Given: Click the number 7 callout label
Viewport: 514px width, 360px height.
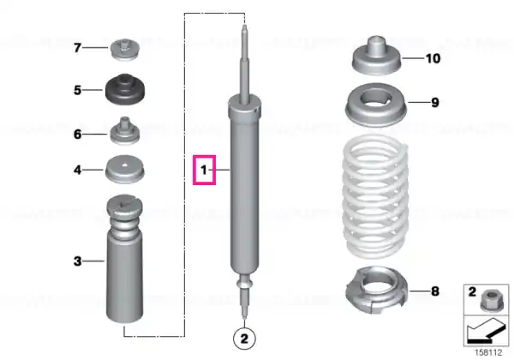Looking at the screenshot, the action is coord(77,48).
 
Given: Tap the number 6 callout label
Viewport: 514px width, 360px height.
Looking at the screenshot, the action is coord(77,134).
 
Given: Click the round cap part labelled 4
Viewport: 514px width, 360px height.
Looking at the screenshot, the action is coord(124,169).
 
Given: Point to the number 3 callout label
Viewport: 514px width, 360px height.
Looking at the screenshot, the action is coord(77,261).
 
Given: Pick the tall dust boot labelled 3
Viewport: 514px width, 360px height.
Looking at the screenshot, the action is coord(125,258).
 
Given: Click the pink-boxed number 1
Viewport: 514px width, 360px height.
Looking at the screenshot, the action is coord(204,170).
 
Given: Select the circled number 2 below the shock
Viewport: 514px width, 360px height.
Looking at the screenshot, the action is coord(244,339).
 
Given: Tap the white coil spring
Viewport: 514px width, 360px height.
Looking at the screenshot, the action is coord(376,197).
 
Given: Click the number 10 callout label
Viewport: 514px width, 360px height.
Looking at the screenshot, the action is coord(433,58).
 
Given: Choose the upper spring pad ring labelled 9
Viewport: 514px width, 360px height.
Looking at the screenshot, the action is coord(376,105).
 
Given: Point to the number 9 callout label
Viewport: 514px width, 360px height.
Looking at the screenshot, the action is coord(435,103).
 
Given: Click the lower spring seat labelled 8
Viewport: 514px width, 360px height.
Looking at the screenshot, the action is coord(376,290).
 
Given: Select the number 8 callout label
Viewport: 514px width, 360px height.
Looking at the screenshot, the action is coord(435,291).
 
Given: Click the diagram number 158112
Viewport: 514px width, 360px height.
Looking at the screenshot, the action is coord(488,353).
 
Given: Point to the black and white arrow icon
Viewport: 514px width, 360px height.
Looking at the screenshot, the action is coord(486,331).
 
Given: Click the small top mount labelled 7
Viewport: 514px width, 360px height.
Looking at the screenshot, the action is coord(126,50).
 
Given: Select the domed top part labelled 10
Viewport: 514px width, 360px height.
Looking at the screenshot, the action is coord(377,56).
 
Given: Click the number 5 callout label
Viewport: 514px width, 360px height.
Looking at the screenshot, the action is coord(77,90).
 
